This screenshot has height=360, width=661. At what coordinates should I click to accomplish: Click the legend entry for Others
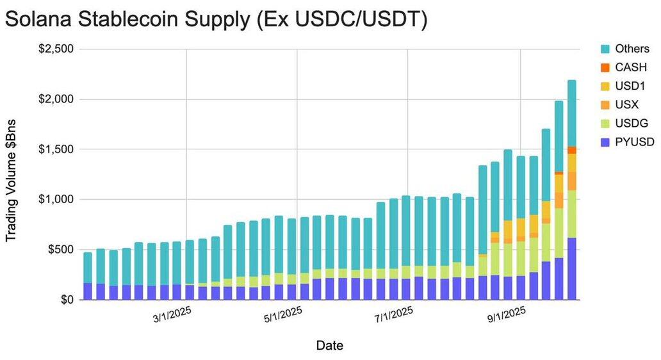pos(632,49)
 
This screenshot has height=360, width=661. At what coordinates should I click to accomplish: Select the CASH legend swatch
pos(604,67)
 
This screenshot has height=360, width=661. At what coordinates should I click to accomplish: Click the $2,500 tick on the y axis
pos(56,49)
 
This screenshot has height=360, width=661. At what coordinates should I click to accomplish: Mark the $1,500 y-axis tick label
pos(56,149)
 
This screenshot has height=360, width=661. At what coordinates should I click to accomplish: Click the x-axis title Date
pos(329,346)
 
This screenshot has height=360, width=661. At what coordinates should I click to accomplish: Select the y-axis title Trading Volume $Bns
pos(11,180)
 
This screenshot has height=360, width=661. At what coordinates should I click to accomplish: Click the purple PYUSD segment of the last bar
pos(571,268)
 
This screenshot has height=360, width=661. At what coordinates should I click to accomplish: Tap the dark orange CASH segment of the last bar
pos(571,150)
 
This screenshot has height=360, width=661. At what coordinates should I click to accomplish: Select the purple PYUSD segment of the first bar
pos(88,291)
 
